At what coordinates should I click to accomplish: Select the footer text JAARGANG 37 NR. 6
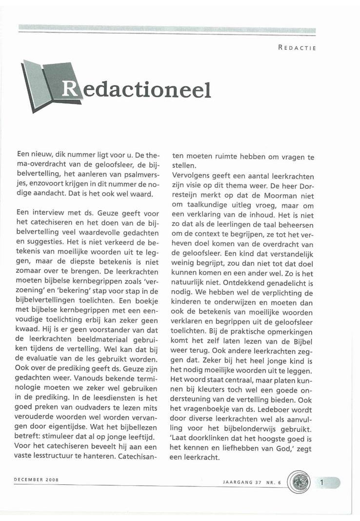click(x=248, y=481)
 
